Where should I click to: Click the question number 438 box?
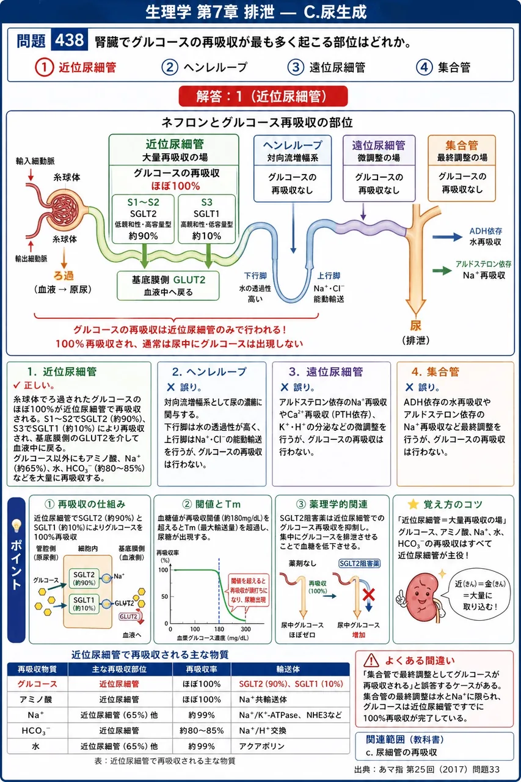tap(70, 40)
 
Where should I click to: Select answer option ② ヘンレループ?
tap(205, 67)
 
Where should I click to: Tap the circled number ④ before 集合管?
tap(424, 67)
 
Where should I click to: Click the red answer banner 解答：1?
tap(263, 96)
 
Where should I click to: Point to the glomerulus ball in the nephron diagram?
tap(66, 208)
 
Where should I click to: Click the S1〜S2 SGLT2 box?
tap(143, 219)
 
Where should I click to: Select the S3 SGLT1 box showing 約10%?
tap(206, 219)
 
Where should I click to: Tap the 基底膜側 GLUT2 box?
tap(168, 285)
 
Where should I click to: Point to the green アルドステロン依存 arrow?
tap(442, 270)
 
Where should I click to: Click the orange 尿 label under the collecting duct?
tap(415, 326)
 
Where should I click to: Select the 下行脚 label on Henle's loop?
tap(255, 276)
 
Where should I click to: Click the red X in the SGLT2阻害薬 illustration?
tap(369, 594)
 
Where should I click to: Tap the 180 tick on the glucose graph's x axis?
tap(219, 629)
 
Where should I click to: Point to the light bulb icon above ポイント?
tap(16, 525)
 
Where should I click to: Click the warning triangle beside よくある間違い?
tap(371, 660)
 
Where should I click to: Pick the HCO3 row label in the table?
tap(35, 731)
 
